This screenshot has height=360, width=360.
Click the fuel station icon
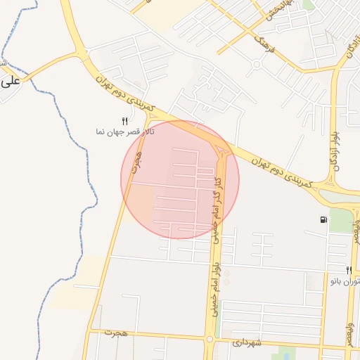pos(323,220)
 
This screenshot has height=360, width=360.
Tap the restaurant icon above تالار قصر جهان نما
pos(124,121)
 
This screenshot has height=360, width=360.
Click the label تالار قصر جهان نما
pos(126,131)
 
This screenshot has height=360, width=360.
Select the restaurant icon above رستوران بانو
pos(348,270)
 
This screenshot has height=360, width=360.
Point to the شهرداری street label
pos(247,343)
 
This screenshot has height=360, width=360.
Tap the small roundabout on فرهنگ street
pos(257,65)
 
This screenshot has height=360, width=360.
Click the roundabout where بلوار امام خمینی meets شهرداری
pos(210,340)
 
